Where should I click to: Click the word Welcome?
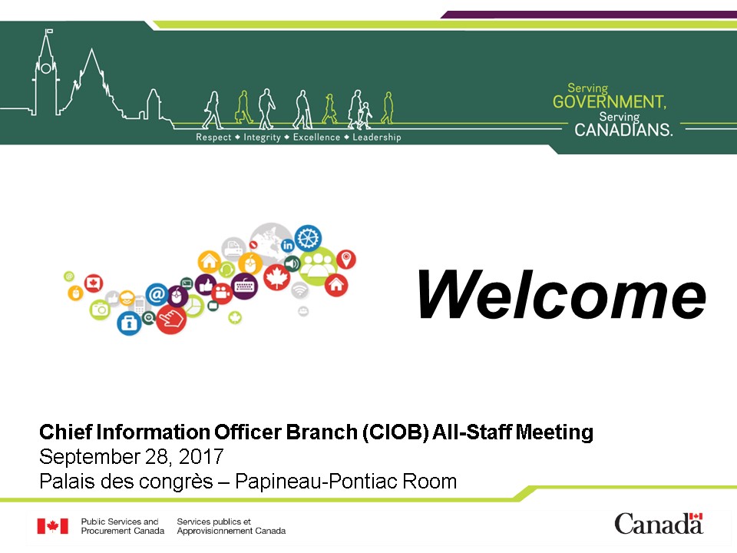(562, 295)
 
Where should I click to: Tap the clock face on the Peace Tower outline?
(46, 68)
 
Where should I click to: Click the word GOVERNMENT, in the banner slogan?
(609, 101)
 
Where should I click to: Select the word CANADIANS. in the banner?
(623, 129)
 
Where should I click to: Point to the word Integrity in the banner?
(262, 137)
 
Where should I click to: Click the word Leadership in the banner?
(376, 137)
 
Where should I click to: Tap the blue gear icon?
(308, 237)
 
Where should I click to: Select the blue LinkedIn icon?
(288, 245)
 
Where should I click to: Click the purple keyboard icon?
(244, 286)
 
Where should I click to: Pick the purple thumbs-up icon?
(206, 284)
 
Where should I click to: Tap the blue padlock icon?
(129, 323)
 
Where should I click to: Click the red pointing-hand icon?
(171, 320)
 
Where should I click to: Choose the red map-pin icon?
(346, 259)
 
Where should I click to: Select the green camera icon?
(100, 310)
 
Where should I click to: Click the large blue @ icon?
(157, 294)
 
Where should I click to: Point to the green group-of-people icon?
(318, 267)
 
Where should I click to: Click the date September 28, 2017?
(131, 456)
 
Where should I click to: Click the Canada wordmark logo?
(659, 523)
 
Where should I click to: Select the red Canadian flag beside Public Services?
(53, 525)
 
